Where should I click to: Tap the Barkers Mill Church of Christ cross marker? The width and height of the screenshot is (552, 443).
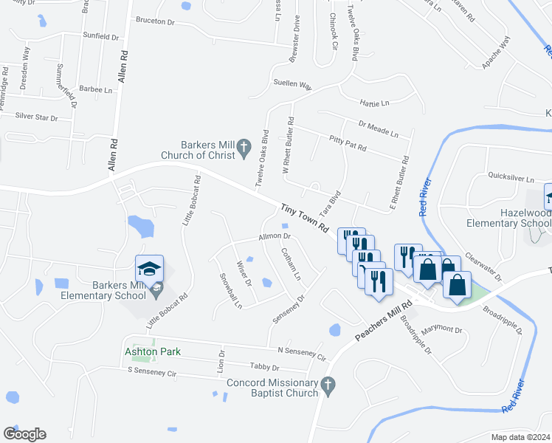[x=242, y=151]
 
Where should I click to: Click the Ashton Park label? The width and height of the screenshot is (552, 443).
[x=153, y=352]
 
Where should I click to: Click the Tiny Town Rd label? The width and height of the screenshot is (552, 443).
[x=304, y=219]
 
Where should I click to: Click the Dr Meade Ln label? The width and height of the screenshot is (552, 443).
[x=378, y=129]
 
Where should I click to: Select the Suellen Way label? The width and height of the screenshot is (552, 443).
[x=292, y=83]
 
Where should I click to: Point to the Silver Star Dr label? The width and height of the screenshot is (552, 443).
[x=36, y=117]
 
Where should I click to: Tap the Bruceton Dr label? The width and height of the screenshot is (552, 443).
[x=155, y=21]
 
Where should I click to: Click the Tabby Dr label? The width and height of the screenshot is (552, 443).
[x=265, y=367]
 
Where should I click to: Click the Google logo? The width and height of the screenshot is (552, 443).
[x=24, y=434]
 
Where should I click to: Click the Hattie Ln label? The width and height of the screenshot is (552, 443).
[x=374, y=102]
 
